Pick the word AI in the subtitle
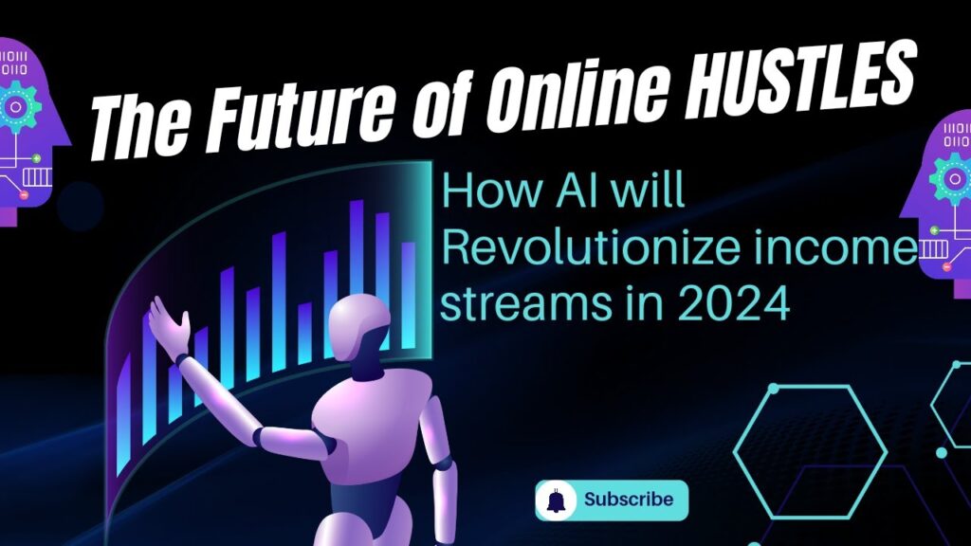tap(576, 190)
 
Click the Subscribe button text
tap(629, 499)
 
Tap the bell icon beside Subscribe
tap(557, 500)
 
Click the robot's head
tap(360, 328)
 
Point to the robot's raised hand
tap(169, 325)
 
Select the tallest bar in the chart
tap(357, 247)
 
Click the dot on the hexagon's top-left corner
tap(773, 389)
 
